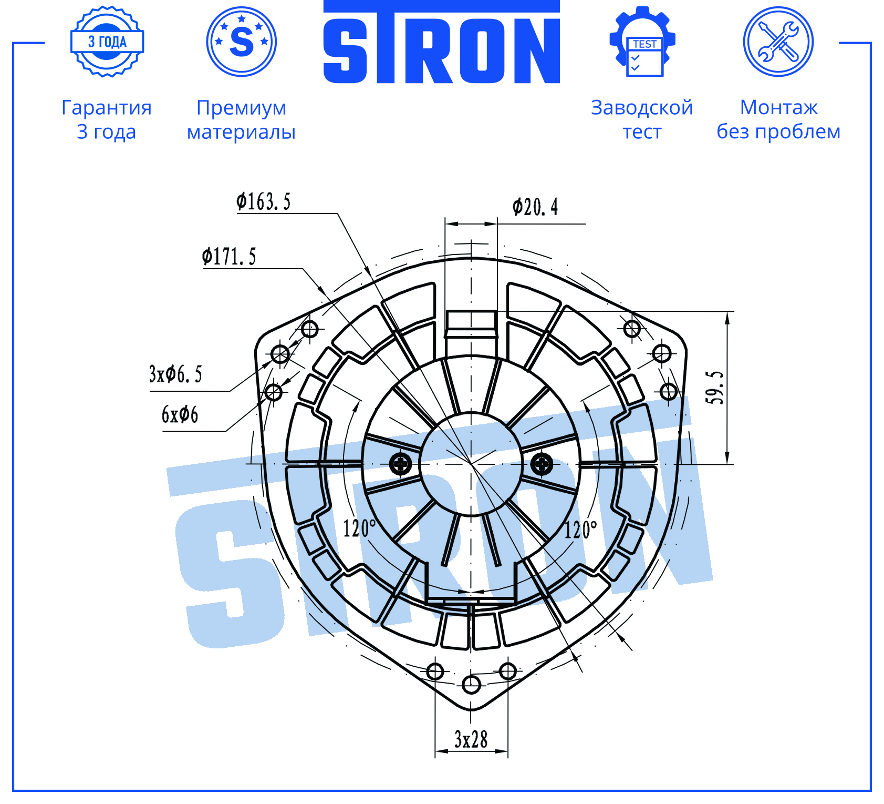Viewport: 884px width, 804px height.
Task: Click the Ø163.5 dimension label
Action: [263, 201]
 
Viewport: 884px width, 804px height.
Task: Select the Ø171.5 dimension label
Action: [229, 257]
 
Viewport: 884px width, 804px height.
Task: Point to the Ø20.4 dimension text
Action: [535, 207]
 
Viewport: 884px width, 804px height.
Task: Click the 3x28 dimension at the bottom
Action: [471, 739]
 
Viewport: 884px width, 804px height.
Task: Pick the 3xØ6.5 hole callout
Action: [175, 374]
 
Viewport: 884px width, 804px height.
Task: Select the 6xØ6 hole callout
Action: [180, 414]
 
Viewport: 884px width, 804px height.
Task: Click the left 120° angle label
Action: [359, 528]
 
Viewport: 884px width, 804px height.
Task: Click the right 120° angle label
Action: [580, 529]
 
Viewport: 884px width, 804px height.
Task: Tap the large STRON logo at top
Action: [441, 42]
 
